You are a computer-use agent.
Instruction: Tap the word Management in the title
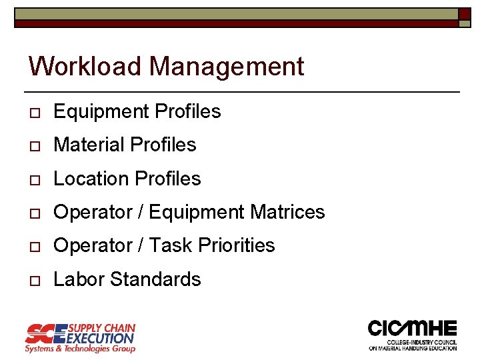click(x=227, y=67)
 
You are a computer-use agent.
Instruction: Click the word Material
click(x=89, y=145)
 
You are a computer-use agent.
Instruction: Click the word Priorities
click(x=238, y=245)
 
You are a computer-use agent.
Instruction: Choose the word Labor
click(x=79, y=279)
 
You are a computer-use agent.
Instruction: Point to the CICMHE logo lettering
click(x=413, y=329)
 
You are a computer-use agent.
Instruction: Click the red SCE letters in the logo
click(x=45, y=333)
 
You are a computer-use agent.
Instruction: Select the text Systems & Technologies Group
click(x=80, y=349)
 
